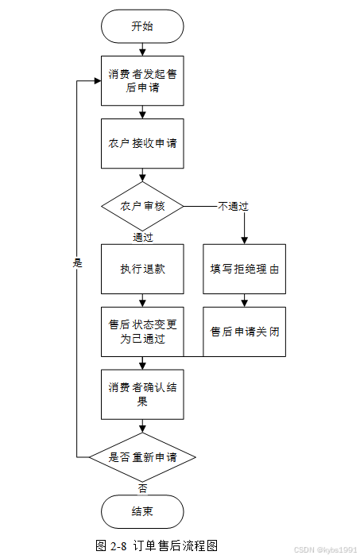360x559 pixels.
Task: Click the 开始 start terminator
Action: (x=142, y=26)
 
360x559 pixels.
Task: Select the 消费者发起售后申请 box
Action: (x=142, y=80)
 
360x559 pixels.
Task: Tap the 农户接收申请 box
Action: (x=142, y=143)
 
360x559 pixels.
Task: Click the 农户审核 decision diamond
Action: (x=142, y=206)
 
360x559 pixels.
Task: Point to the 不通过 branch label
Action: (x=233, y=206)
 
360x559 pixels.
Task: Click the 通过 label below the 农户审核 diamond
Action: (x=143, y=237)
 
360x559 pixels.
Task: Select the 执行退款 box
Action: (x=142, y=269)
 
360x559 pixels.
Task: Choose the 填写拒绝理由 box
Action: (x=244, y=269)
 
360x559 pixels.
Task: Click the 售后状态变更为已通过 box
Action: (x=142, y=332)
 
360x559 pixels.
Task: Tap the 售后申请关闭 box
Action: (x=244, y=332)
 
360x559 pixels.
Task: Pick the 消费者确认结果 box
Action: (x=142, y=394)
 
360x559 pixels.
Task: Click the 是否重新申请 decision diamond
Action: (x=142, y=457)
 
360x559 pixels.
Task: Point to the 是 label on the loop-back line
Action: (x=77, y=263)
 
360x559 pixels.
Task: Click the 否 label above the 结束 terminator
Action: (x=142, y=488)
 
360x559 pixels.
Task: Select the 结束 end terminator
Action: (x=142, y=511)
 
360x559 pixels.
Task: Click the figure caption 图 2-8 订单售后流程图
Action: (x=157, y=545)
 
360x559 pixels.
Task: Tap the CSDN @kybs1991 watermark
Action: (x=325, y=549)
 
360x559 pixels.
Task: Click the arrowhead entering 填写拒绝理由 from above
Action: (x=244, y=241)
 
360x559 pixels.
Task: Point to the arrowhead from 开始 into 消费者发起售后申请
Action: (x=142, y=52)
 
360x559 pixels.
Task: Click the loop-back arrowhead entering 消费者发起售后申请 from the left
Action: (x=98, y=81)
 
